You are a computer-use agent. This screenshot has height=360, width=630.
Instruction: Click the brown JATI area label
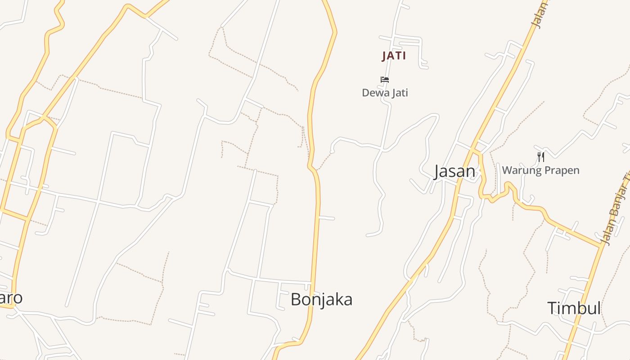point(394,56)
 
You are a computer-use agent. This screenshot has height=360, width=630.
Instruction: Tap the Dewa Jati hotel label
point(385,93)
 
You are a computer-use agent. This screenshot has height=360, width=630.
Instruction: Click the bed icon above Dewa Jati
point(384,80)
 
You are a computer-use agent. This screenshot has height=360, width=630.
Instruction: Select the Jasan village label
point(454,171)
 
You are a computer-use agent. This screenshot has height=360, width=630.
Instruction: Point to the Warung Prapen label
point(540,170)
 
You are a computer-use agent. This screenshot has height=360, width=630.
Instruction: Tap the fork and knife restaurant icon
point(541,157)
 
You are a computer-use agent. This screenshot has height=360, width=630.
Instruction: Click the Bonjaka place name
point(321,299)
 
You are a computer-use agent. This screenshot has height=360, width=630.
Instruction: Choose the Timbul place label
point(574,308)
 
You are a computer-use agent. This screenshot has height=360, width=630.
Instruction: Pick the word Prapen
point(562,170)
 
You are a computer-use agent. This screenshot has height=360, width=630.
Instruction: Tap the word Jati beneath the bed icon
point(399,93)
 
